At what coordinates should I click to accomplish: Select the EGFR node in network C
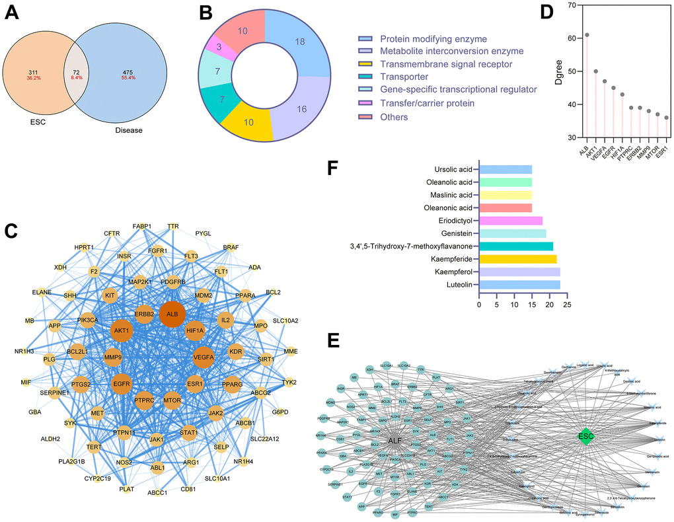coord(122,382)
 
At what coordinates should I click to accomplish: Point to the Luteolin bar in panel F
coord(519,285)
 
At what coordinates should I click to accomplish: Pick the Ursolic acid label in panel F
coord(453,169)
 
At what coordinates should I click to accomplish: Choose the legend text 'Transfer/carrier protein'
coord(427,103)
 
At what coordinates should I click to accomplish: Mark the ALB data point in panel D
coord(587,35)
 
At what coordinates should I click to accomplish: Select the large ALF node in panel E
coord(396,441)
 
